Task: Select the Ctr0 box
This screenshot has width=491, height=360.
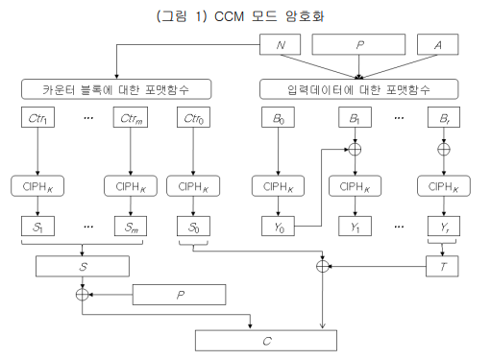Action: coord(193,119)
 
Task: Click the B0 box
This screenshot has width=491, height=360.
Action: coord(276,119)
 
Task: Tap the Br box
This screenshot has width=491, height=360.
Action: coord(443,119)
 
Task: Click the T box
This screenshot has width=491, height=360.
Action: coord(443,266)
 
